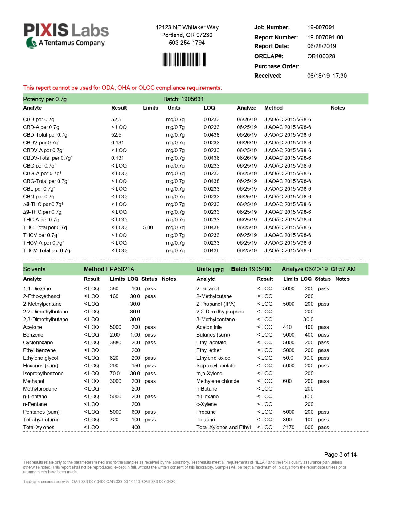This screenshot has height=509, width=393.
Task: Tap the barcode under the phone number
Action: tap(184, 60)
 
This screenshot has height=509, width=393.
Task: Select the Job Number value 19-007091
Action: tap(321, 27)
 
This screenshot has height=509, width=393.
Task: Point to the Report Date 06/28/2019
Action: tap(321, 46)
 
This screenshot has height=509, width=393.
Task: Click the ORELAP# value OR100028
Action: tap(321, 56)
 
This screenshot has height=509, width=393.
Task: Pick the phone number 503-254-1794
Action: tap(186, 43)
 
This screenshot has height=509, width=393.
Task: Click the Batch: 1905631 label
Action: tap(183, 99)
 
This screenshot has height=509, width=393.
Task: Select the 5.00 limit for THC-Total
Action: tap(148, 227)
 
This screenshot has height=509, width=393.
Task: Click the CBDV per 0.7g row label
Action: tap(41, 143)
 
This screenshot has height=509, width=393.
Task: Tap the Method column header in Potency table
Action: tap(273, 108)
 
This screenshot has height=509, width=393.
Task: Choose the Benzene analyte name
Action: tap(33, 335)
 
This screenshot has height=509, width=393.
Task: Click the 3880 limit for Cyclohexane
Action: tap(115, 342)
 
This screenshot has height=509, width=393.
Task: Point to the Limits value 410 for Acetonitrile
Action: tap(287, 327)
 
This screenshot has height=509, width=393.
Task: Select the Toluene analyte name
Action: tap(206, 420)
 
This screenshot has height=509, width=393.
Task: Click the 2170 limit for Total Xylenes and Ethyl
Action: tap(289, 427)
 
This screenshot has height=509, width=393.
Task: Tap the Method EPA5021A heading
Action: tap(109, 269)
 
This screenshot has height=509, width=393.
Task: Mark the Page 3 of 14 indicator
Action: tap(340, 454)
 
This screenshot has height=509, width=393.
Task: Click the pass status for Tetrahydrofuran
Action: tap(150, 420)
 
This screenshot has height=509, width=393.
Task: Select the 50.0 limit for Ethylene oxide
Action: tap(288, 358)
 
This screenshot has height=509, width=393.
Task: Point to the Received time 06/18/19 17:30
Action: tap(327, 76)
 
